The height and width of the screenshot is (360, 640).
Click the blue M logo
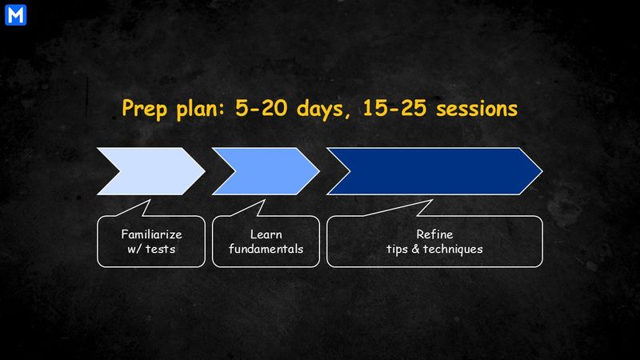point(15,15)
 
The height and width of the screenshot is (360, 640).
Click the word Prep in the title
point(145,109)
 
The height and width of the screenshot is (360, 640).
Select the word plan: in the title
point(201,109)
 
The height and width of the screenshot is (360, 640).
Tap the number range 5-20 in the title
point(262,108)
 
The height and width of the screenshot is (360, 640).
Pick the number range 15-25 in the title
point(394,108)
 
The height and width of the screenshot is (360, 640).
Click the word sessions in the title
point(477,109)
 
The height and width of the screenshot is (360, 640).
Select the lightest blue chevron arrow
point(151,171)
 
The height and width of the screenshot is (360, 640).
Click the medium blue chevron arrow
point(266,171)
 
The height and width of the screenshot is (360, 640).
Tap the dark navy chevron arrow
point(434,171)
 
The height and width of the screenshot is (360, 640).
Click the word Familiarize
point(151,234)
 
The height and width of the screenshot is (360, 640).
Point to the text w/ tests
point(151,249)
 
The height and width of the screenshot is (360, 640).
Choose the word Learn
point(266,234)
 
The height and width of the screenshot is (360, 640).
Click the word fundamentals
point(266,249)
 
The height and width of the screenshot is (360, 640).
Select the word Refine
point(434,234)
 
